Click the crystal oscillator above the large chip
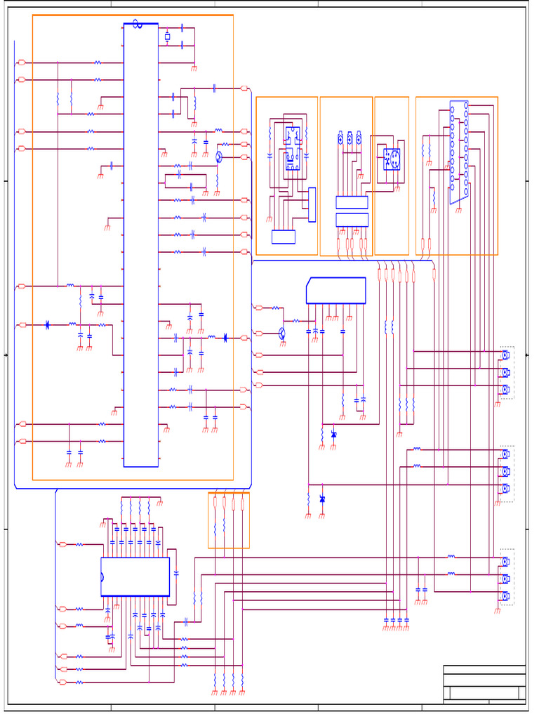click(x=167, y=37)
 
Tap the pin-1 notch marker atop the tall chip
click(x=137, y=24)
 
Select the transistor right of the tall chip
click(x=219, y=156)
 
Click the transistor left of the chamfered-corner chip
click(x=282, y=333)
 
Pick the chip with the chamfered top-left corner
click(x=336, y=291)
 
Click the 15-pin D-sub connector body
click(x=459, y=151)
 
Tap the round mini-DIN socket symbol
click(x=392, y=159)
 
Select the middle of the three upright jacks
click(x=350, y=139)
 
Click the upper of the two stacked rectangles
click(x=352, y=202)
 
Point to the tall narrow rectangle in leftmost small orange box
click(x=312, y=204)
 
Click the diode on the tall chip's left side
click(x=47, y=324)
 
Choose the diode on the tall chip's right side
click(x=225, y=338)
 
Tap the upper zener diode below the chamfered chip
click(x=333, y=435)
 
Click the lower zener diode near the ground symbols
click(x=322, y=499)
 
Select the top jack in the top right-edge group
click(x=505, y=355)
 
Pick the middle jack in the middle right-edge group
click(x=505, y=471)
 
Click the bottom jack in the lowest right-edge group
click(x=505, y=596)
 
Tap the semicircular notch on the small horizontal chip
click(x=102, y=577)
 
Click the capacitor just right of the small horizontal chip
click(x=176, y=574)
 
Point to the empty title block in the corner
click(x=484, y=683)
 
